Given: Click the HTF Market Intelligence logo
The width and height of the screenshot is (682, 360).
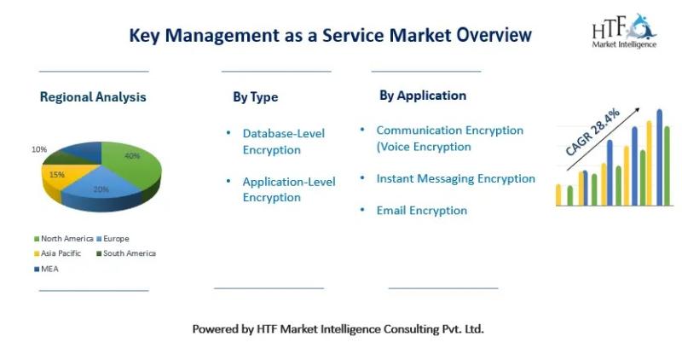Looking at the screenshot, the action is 624,31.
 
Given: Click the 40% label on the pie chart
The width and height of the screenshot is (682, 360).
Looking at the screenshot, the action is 132,156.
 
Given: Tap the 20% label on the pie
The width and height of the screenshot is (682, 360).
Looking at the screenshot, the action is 101,189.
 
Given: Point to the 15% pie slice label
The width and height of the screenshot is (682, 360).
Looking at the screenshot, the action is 57,175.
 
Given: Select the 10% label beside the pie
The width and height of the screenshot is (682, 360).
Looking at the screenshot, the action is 39,149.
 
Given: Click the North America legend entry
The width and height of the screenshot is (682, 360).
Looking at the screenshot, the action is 64,239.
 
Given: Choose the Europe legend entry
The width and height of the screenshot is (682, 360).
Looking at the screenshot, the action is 113,239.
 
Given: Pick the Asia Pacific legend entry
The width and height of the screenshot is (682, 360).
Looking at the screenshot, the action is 58,253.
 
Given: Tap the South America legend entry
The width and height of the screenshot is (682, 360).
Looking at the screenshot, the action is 126,253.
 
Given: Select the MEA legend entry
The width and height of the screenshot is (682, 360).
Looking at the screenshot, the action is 47,269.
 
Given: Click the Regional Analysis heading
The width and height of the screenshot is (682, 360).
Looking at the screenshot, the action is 93,97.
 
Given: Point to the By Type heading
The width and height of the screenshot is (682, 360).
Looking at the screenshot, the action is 255,97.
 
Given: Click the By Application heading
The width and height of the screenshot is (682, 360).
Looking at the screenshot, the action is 423,96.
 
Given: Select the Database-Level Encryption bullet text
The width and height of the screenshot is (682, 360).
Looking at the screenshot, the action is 284,142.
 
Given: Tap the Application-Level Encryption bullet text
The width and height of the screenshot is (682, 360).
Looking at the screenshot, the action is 289,189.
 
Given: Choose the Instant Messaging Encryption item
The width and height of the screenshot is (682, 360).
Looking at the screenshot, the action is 456,178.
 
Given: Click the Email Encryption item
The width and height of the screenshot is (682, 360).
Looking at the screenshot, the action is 422,211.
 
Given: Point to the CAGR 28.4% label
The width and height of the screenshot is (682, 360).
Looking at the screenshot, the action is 592,132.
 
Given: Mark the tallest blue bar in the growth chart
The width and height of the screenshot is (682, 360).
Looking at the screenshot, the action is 659,157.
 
